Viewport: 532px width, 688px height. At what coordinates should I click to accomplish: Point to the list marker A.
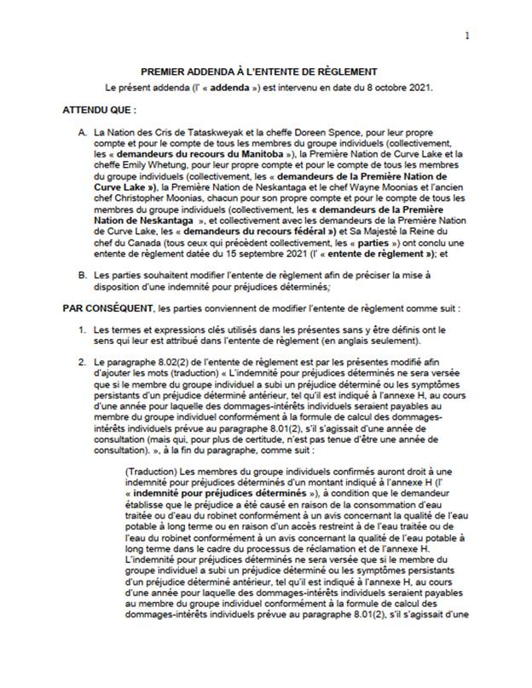pos(82,135)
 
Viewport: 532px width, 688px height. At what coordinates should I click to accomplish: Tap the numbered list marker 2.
pos(82,365)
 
